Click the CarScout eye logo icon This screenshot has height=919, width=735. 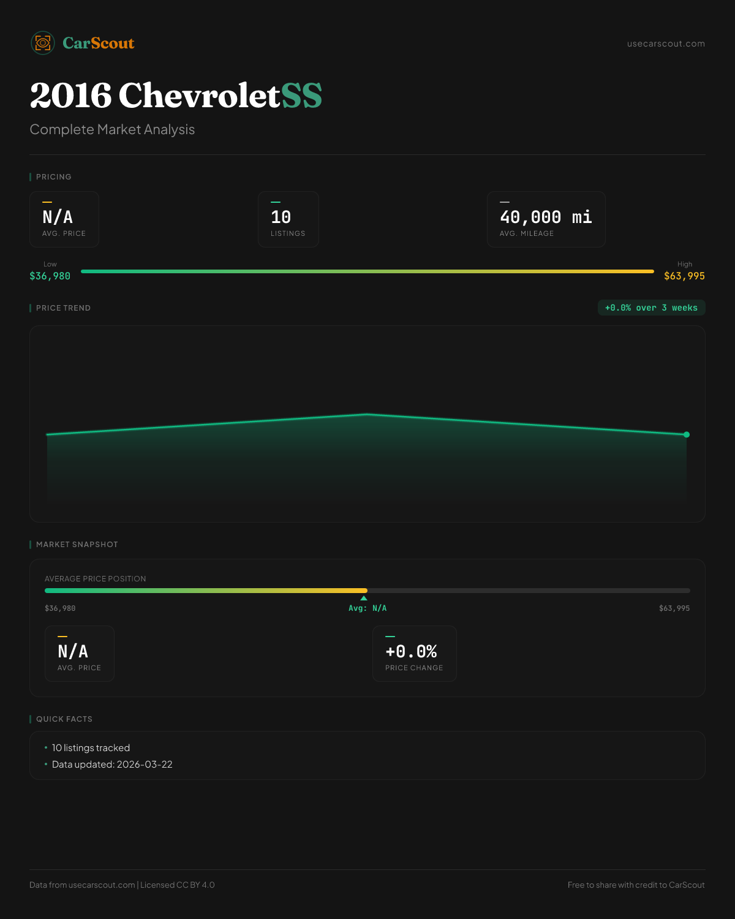point(43,43)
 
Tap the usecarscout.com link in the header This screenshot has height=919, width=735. point(666,43)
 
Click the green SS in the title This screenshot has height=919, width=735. point(301,96)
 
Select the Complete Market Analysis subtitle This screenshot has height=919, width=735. point(112,130)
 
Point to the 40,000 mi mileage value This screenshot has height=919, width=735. point(546,217)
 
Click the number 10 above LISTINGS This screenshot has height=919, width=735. point(281,217)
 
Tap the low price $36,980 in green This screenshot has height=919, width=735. point(50,276)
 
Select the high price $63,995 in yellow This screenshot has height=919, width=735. point(684,276)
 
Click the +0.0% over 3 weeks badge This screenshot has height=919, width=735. point(651,308)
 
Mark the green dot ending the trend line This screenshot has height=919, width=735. point(687,434)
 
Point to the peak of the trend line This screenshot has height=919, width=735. point(367,415)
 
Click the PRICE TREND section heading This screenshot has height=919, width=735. point(63,308)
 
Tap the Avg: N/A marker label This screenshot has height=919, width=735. point(367,608)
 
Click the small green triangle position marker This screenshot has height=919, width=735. point(364,598)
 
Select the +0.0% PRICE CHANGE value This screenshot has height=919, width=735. point(411,651)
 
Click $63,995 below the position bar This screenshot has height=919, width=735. point(674,608)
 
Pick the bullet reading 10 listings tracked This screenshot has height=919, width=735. point(91,748)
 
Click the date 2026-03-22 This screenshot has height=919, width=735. point(145,765)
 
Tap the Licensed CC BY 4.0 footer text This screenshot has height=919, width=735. point(178,885)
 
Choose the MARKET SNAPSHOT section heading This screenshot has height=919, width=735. point(77,545)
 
